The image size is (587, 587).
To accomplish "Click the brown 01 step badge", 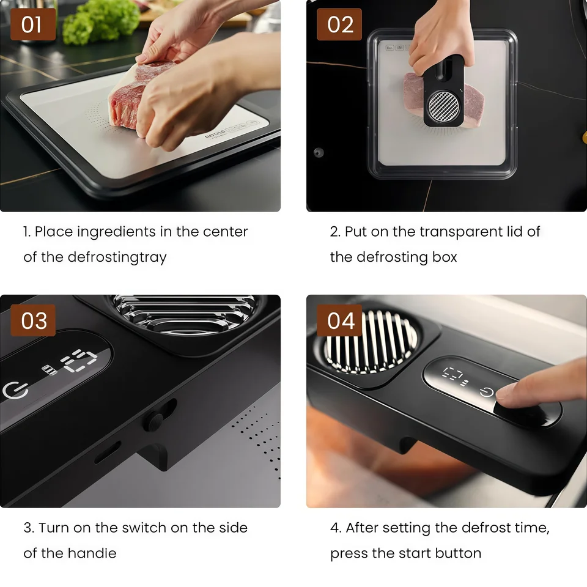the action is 33,24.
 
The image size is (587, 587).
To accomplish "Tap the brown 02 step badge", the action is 339,24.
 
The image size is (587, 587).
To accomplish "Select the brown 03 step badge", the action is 33,320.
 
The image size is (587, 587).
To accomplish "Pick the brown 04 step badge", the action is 339,320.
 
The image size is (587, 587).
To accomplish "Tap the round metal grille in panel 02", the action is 444,106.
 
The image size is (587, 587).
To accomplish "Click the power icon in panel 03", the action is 15,390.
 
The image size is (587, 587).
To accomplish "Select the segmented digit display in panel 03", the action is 79,361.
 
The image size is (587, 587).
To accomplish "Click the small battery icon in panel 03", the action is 49,370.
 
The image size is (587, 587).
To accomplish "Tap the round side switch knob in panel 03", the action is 155,421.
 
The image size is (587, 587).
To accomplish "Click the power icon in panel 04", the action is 486,392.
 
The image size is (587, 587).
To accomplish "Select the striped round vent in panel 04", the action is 371,342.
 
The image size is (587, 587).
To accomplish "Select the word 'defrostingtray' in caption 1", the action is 117,257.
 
